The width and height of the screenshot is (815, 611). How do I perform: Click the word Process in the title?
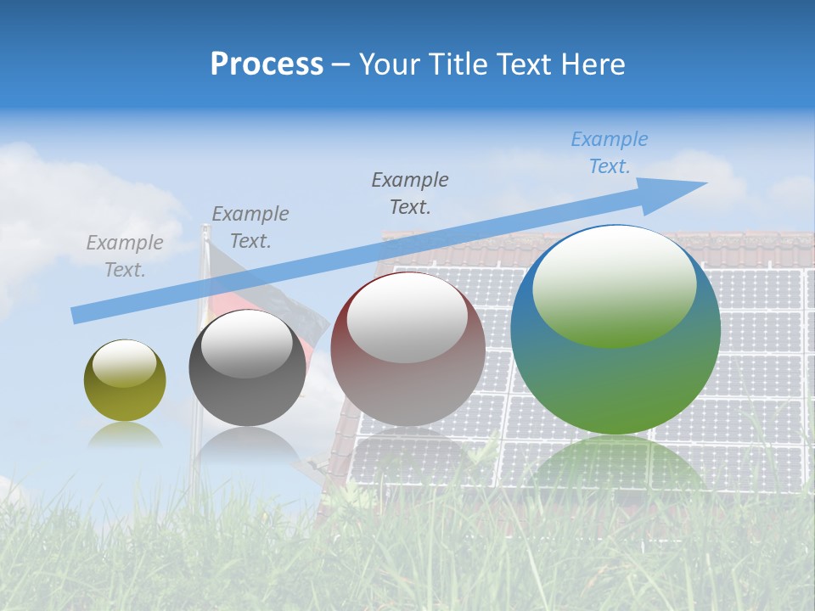point(267,64)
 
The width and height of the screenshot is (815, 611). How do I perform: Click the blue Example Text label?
point(609,153)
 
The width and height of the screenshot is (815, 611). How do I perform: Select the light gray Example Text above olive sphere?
point(125,256)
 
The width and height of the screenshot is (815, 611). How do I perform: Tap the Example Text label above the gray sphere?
point(250,227)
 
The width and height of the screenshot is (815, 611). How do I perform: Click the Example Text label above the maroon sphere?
point(410,193)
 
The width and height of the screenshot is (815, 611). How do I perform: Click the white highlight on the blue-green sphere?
point(615,284)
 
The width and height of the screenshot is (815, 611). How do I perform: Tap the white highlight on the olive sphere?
point(124,363)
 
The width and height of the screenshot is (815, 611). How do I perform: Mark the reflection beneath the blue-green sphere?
point(615,467)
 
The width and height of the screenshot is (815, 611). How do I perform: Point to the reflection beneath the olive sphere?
point(125,435)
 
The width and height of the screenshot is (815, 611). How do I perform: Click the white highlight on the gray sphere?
point(246,344)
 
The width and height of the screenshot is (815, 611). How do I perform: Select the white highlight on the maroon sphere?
point(407,316)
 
